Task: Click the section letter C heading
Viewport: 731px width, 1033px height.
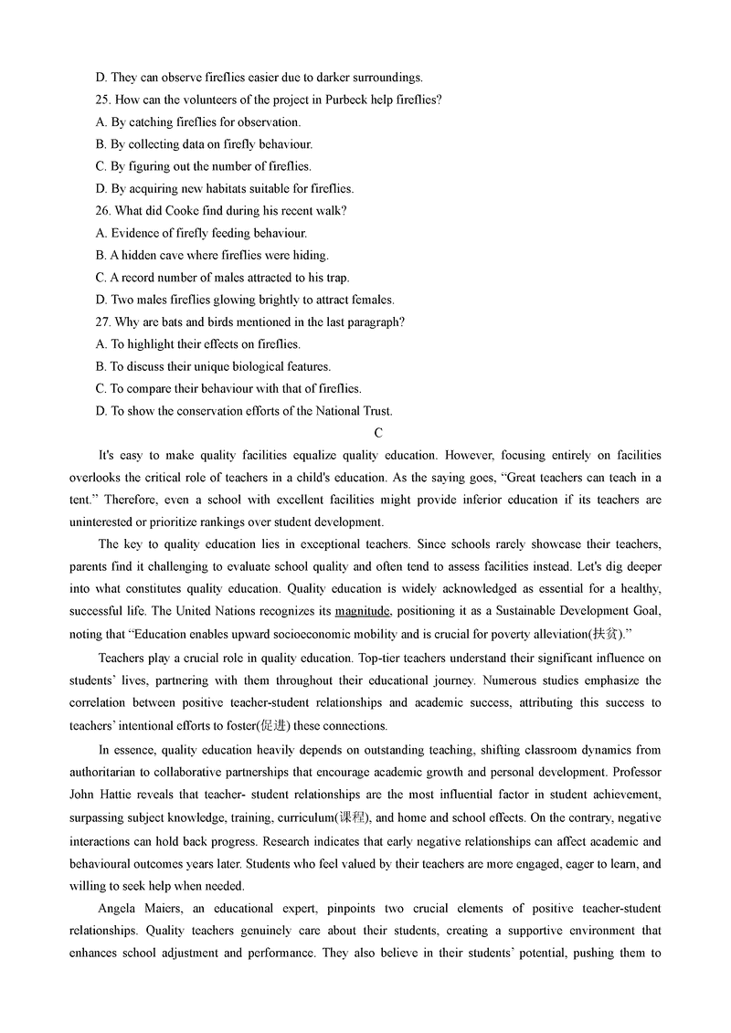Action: click(x=377, y=433)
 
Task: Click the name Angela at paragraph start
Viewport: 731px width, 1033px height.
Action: click(x=116, y=908)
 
